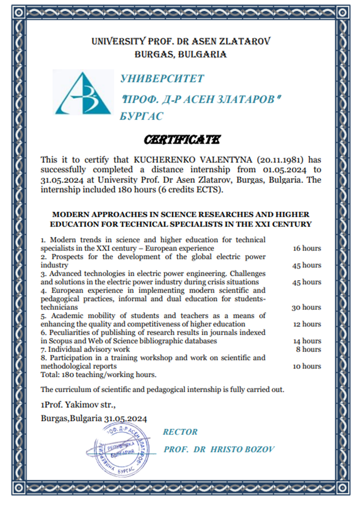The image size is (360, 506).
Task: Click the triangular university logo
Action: tap(83, 93)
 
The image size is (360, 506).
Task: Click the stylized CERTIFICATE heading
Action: tap(182, 140)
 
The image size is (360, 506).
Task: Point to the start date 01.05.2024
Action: tap(285, 170)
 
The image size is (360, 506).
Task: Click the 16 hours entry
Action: tap(307, 248)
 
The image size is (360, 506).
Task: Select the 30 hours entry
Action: tap(306, 307)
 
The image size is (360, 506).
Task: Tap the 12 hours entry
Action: tap(307, 324)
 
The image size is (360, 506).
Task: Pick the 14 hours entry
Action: tap(307, 341)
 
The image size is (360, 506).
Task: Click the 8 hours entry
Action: tap(308, 350)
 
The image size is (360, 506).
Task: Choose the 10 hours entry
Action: tap(307, 366)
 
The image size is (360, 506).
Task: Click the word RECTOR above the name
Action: tap(180, 432)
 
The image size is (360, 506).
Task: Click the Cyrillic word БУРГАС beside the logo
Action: tap(142, 116)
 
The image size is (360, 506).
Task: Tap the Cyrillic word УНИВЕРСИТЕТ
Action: tap(162, 79)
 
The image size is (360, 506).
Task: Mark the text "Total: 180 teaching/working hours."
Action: tap(98, 375)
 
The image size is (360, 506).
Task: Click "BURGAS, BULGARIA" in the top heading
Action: tap(180, 55)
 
